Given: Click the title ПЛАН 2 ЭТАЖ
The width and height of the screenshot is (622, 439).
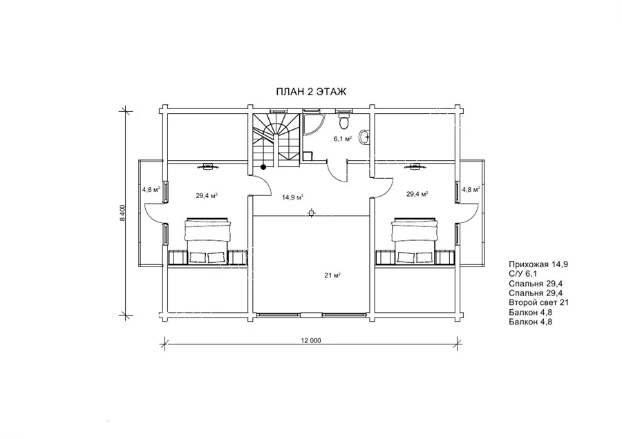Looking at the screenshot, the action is click(311, 92).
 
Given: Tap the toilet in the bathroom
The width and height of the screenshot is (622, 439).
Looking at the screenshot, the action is click(343, 121).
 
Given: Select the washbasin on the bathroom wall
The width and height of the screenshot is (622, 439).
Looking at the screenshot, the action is click(365, 137).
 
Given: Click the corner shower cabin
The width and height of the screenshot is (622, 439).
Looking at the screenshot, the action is click(313, 124).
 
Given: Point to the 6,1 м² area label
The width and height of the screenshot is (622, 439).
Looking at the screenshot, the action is click(343, 139).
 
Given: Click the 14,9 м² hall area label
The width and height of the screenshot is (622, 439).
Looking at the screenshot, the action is click(293, 197).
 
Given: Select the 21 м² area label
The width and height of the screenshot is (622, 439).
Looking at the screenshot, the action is click(333, 276).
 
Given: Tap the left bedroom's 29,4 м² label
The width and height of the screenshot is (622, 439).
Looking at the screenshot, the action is click(207, 195).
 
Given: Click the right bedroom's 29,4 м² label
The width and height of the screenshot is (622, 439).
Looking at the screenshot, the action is click(417, 194).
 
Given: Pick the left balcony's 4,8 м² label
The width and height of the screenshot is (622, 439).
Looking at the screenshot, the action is click(151, 189).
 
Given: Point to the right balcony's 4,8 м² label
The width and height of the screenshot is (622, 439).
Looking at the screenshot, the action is click(471, 189).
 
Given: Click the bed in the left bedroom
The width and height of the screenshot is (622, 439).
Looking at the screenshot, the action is click(207, 240).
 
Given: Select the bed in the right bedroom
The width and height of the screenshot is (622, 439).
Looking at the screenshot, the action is click(415, 240).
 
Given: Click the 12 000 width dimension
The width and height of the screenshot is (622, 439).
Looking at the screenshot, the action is click(311, 340).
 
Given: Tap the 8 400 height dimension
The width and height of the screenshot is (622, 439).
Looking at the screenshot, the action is click(122, 213).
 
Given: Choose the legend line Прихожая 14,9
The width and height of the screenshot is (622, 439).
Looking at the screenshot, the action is click(538, 264).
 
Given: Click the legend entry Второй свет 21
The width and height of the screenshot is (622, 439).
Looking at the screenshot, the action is click(538, 302).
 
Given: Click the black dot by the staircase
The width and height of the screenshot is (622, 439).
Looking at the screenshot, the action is click(263, 167).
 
